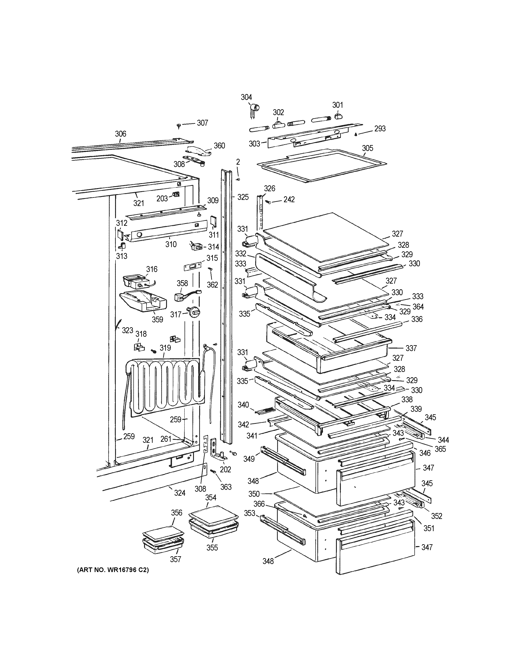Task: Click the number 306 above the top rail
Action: pyautogui.click(x=120, y=134)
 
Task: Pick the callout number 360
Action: pyautogui.click(x=219, y=145)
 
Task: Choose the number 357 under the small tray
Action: pyautogui.click(x=175, y=559)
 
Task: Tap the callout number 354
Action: pyautogui.click(x=211, y=498)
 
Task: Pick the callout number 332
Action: pyautogui.click(x=241, y=254)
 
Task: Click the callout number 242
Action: pyautogui.click(x=289, y=199)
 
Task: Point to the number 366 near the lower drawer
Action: pyautogui.click(x=259, y=504)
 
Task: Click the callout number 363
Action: pyautogui.click(x=226, y=487)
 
